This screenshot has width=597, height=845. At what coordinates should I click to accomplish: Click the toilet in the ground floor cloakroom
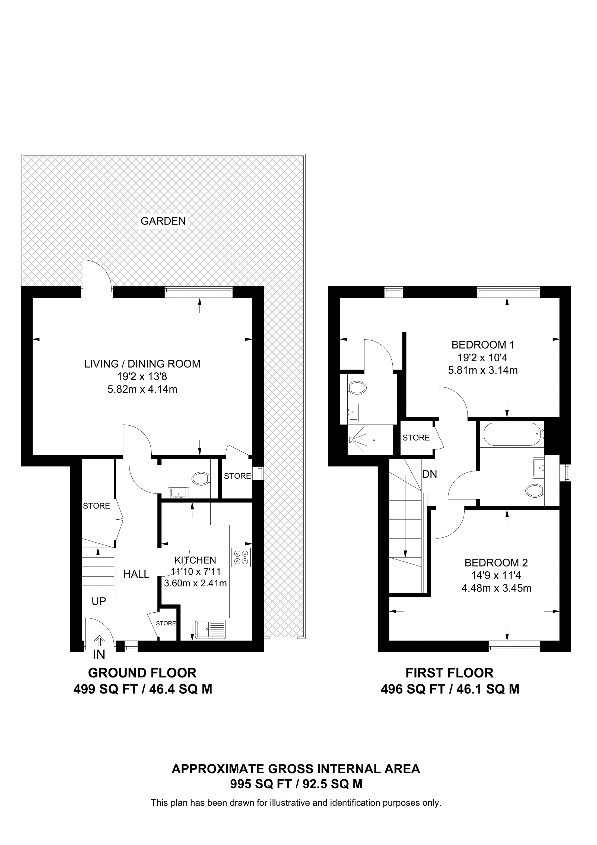pyautogui.click(x=201, y=479)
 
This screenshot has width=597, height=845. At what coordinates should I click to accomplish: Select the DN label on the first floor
pyautogui.click(x=430, y=474)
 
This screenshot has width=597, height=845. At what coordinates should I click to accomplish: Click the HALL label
pyautogui.click(x=136, y=574)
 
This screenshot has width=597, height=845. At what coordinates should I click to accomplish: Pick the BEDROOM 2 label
pyautogui.click(x=496, y=563)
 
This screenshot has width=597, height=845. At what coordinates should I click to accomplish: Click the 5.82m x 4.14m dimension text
pyautogui.click(x=142, y=389)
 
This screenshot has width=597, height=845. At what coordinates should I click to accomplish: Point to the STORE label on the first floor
pyautogui.click(x=416, y=438)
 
